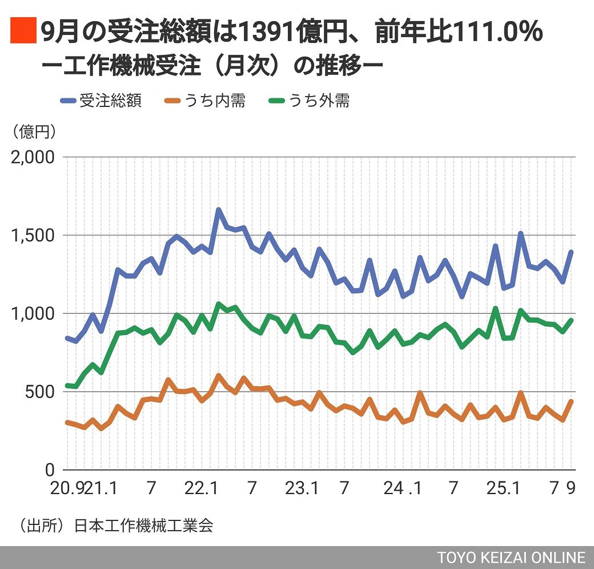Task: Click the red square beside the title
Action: click(x=23, y=31)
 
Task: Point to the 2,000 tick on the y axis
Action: click(x=33, y=157)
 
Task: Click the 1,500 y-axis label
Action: click(x=33, y=236)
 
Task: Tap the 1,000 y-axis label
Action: click(x=33, y=314)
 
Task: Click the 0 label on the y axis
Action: click(x=50, y=470)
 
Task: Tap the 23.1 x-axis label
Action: click(x=303, y=489)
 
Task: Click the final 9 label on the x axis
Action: click(x=571, y=489)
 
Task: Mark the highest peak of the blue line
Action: click(x=218, y=210)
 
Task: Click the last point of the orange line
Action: click(x=571, y=401)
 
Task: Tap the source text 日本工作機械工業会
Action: click(x=143, y=526)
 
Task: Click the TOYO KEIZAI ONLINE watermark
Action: click(x=512, y=558)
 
